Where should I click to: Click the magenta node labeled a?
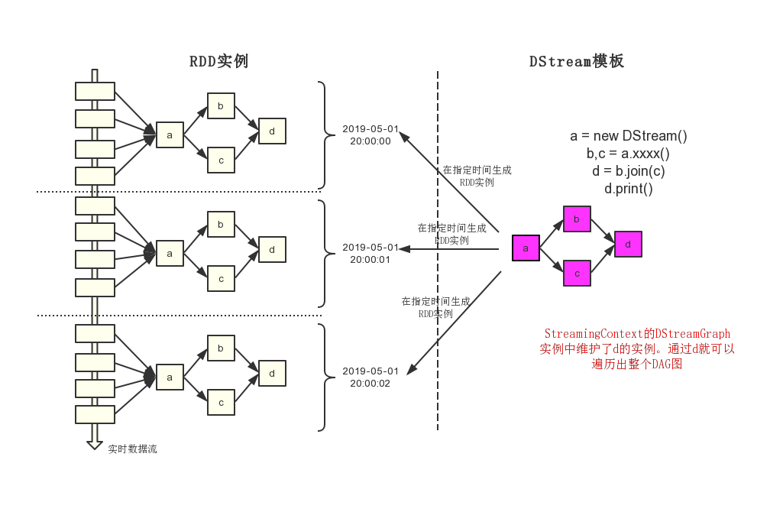(526, 248)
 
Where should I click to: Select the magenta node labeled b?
(577, 219)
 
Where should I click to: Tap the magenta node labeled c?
(577, 273)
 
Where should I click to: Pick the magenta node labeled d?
(628, 245)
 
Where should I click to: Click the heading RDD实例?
(219, 61)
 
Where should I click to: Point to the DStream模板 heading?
(577, 61)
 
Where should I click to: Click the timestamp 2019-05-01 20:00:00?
(370, 135)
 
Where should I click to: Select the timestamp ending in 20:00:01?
(370, 253)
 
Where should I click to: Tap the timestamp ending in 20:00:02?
(370, 378)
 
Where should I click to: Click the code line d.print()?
(629, 189)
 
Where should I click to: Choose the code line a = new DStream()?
(629, 136)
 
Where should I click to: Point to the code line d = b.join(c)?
(629, 171)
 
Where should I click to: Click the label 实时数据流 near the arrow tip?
(132, 449)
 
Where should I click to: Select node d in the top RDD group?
(272, 131)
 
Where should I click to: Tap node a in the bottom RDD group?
(170, 377)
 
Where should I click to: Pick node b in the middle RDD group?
(221, 225)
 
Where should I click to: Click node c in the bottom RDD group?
(221, 402)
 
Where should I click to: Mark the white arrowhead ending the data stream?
(95, 444)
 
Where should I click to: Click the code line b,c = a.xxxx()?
(629, 154)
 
